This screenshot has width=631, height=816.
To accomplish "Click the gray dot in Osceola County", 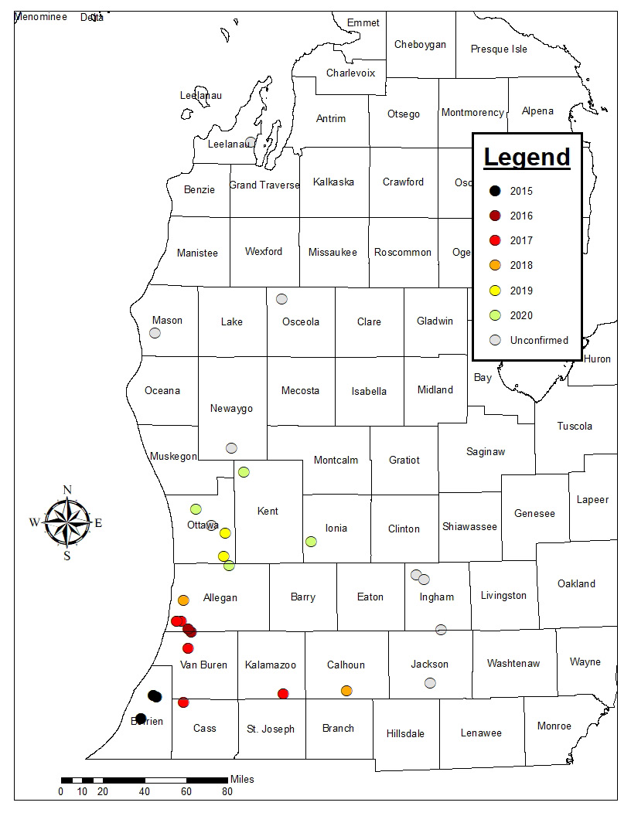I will (282, 299).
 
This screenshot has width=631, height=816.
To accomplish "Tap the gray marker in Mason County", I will (155, 333).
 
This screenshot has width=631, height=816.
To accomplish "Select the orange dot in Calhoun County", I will (346, 690).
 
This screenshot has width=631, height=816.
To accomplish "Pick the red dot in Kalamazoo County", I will (283, 693).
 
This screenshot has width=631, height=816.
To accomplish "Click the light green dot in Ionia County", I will (311, 541).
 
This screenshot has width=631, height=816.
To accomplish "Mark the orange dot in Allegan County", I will (183, 600).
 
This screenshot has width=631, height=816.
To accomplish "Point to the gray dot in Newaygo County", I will (231, 447).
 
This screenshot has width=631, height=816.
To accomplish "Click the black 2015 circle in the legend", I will (495, 191).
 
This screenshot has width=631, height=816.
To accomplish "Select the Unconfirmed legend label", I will (539, 340).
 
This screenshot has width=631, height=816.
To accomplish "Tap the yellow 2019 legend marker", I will (495, 291).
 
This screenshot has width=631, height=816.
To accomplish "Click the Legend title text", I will (527, 157).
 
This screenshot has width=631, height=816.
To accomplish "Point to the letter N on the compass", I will (67, 489).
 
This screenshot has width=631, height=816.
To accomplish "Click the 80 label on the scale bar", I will (227, 791).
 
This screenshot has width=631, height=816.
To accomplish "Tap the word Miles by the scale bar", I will (242, 779).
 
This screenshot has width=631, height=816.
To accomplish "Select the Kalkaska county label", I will (333, 182).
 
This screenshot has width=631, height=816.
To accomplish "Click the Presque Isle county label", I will (499, 49).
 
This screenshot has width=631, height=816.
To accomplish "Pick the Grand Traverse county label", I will (264, 185).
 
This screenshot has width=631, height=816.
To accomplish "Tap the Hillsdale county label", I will (405, 733).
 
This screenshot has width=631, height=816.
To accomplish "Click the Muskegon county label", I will (173, 456).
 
